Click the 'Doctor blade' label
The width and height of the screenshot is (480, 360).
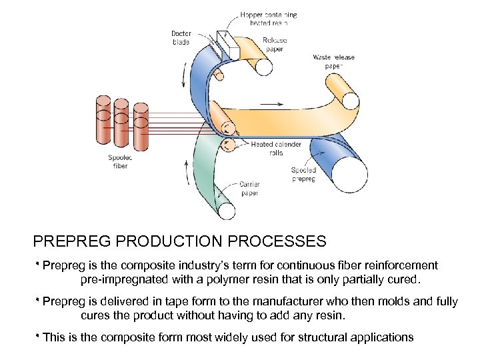[181, 37]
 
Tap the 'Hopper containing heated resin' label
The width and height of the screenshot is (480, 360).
[269, 17]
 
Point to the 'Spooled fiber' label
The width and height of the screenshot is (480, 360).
[118, 161]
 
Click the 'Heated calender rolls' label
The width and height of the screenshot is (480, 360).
[276, 148]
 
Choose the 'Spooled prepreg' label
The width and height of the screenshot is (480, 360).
[303, 174]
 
